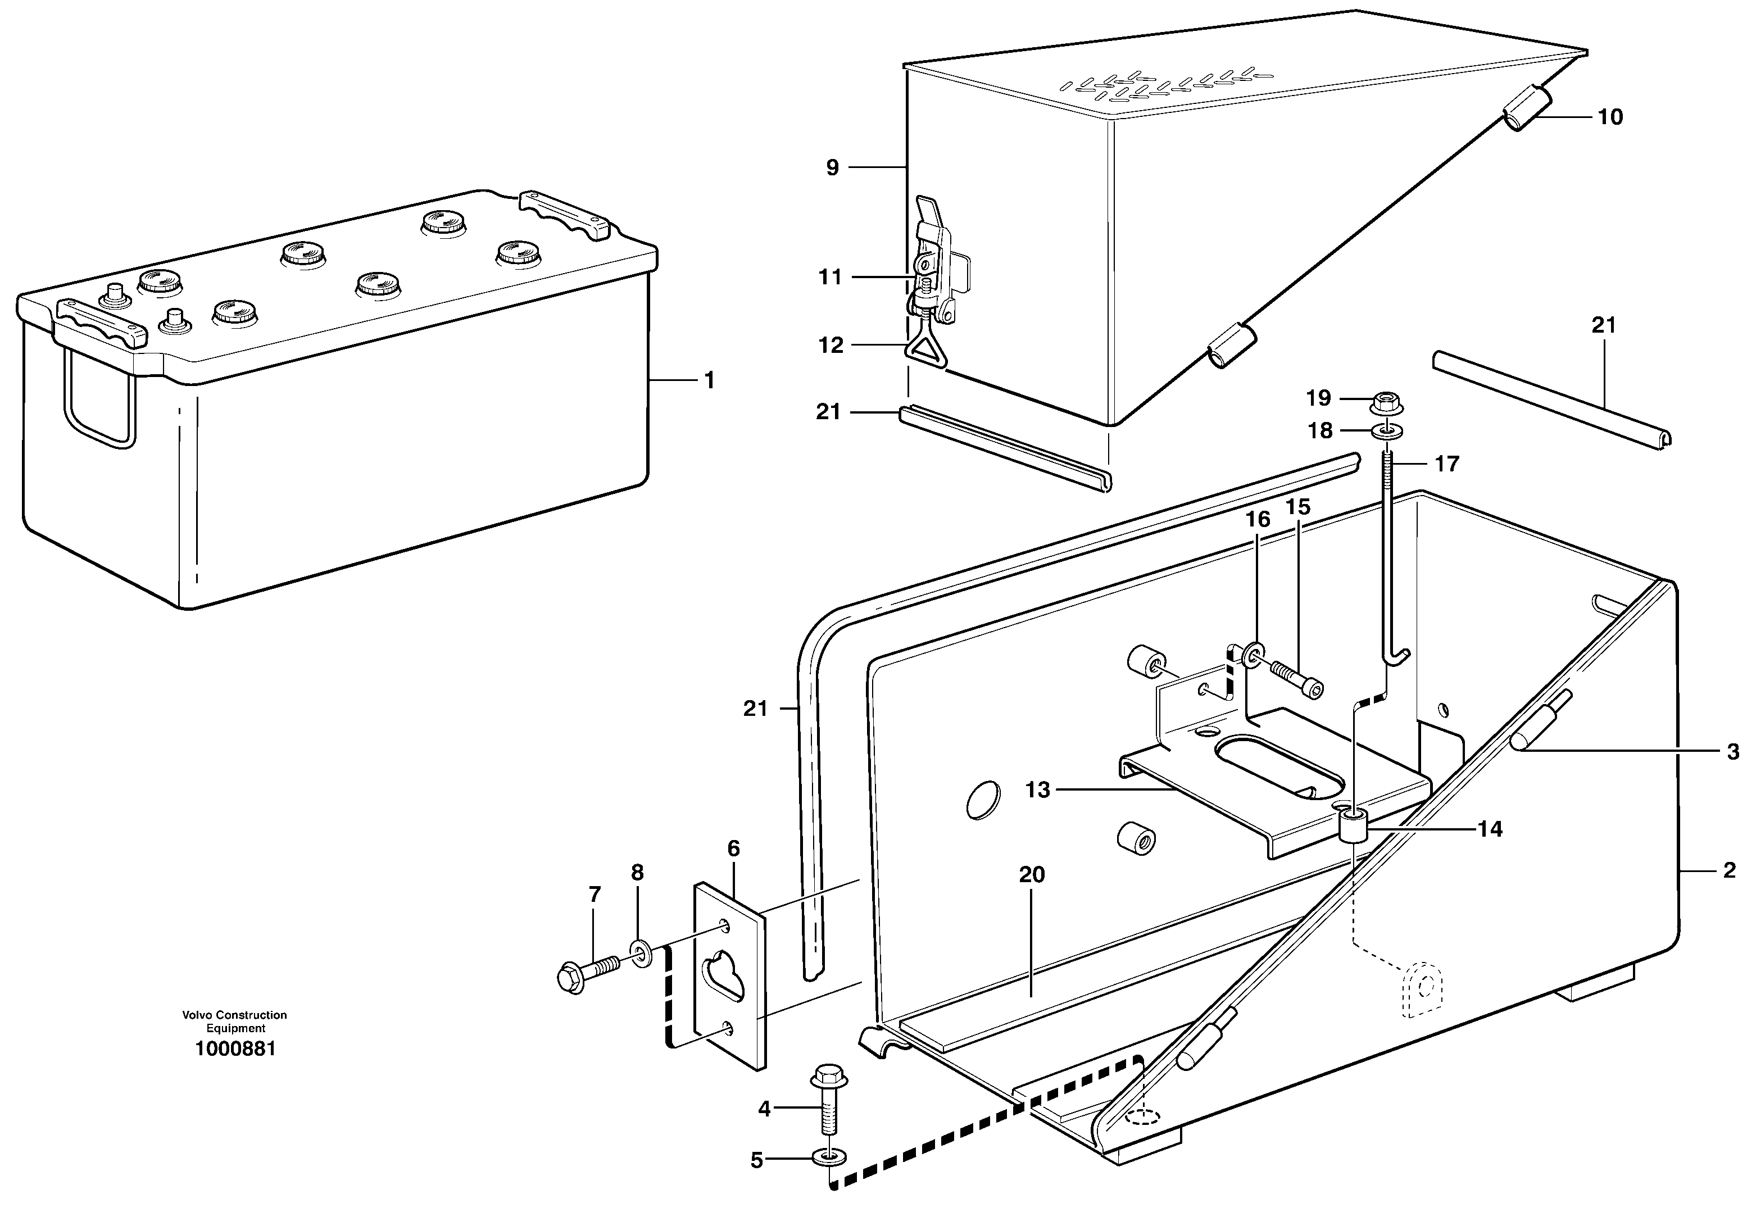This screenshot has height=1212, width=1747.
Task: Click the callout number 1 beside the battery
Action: tap(709, 380)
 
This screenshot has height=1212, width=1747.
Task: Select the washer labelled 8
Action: tap(640, 953)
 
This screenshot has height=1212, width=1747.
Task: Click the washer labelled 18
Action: tap(1387, 432)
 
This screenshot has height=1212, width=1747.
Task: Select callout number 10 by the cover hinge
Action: tap(1609, 117)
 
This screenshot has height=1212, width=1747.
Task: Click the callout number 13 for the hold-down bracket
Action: tap(1037, 790)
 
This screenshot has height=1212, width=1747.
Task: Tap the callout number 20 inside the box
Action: tap(1032, 875)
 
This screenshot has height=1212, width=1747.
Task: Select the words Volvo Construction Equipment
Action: tap(235, 1022)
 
